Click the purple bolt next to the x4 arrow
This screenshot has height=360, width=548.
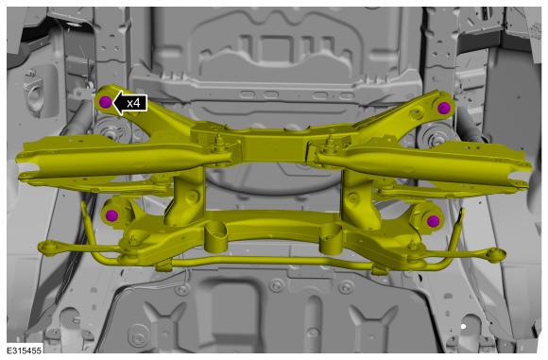[x=105, y=102]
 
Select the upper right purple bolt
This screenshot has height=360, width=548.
[x=443, y=108]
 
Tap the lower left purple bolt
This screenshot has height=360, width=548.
[x=111, y=215]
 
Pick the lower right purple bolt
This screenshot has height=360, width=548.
[x=433, y=221]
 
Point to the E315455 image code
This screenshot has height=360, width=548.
[x=25, y=350]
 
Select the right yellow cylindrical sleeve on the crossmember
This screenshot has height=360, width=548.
[x=331, y=239]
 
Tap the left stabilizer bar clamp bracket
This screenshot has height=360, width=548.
[x=163, y=266]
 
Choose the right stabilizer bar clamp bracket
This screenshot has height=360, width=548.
[x=380, y=269]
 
